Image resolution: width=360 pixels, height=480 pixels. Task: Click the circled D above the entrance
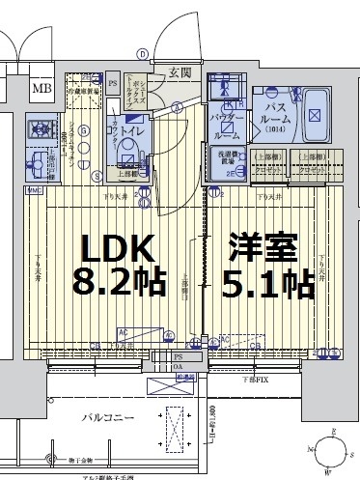[142, 54]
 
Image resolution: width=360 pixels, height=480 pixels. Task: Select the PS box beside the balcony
[179, 356]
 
